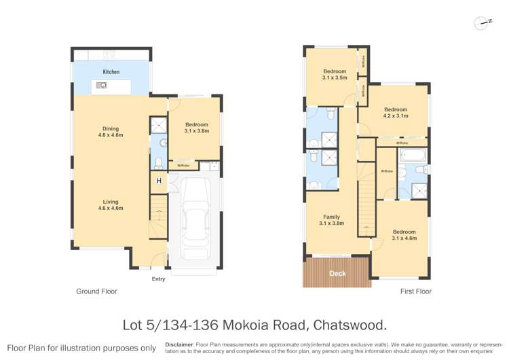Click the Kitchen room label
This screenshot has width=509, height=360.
(111, 71)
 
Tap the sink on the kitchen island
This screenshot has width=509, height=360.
(102, 85)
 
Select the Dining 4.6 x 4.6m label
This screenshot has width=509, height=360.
(111, 132)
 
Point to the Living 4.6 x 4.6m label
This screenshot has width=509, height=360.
(111, 204)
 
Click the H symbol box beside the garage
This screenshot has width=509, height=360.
(159, 181)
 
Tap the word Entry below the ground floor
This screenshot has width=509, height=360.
(158, 278)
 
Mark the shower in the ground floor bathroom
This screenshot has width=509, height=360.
(158, 125)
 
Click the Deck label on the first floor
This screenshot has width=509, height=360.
(337, 274)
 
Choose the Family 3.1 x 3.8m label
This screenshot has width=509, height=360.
(332, 219)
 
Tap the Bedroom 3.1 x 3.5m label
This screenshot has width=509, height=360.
(335, 74)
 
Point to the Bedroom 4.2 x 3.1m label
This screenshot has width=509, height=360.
(396, 113)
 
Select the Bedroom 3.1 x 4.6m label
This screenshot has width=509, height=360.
(404, 235)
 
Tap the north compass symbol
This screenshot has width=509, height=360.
(484, 22)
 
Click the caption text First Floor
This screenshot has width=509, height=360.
(415, 291)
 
